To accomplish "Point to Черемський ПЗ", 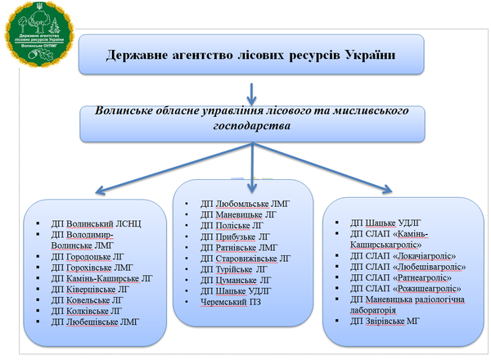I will tap(233, 302).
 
